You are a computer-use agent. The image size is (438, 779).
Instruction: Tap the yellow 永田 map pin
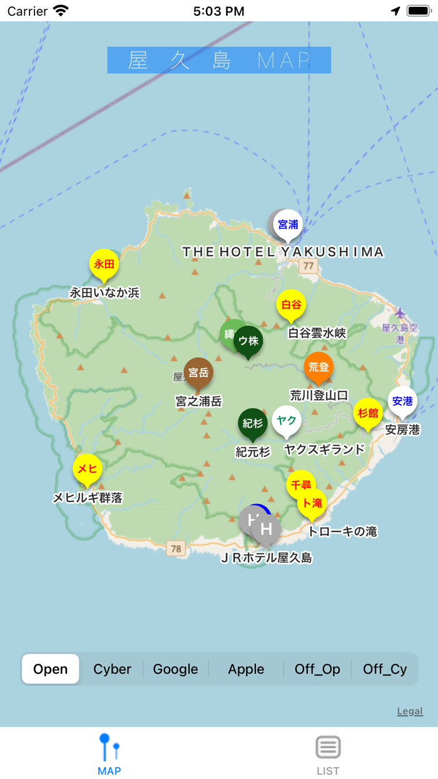pos(104,264)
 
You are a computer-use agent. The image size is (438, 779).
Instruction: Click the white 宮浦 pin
pos(288,224)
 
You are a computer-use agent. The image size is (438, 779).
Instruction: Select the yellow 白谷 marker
pos(291,305)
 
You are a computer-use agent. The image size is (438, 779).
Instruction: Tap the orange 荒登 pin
pos(318,368)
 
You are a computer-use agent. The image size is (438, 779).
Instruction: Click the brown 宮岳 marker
pos(198,373)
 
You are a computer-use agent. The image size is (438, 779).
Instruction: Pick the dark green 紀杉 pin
pos(253,423)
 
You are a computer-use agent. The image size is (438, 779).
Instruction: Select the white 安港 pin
pos(402,401)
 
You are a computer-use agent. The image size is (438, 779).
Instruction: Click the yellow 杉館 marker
pos(367,413)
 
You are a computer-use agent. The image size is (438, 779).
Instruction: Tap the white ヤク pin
pos(287,420)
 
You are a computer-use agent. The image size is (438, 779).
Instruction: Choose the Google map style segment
pos(175,669)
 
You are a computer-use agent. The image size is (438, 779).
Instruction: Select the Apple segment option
pos(246,669)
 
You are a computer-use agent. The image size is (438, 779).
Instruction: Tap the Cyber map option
pos(112,669)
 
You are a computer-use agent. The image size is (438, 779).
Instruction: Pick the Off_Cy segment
pos(385,669)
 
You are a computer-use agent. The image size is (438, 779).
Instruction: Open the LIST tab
pos(328,755)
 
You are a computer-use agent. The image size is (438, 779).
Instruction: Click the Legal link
pos(410,711)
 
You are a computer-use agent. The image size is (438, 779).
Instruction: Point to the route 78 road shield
pos(176,549)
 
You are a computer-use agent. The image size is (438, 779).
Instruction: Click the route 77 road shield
pos(308,267)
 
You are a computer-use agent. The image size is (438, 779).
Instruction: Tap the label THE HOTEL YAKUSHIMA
pos(283,252)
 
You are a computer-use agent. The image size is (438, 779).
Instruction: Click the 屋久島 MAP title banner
pos(219,60)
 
